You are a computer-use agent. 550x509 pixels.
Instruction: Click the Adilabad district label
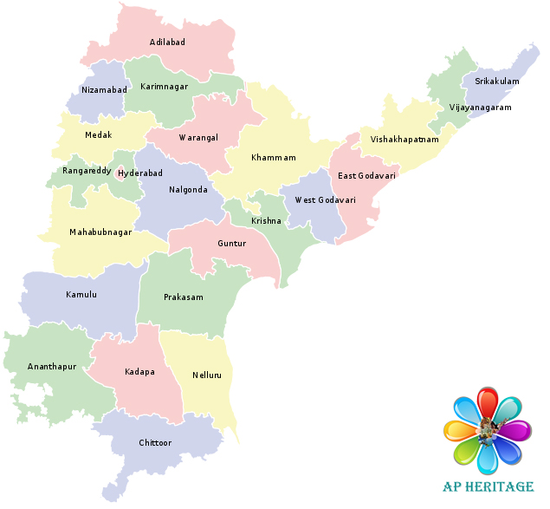(x=167, y=42)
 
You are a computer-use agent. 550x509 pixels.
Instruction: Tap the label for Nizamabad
(x=104, y=89)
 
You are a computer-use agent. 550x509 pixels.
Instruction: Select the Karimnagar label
(x=165, y=87)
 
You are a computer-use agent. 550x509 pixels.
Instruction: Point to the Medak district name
(x=99, y=136)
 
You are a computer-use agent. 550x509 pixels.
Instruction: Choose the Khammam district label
(x=274, y=158)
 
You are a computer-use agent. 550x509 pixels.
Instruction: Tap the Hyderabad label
(x=140, y=173)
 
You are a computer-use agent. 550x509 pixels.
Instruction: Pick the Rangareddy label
(x=87, y=171)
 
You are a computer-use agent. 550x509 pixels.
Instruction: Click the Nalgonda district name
(x=189, y=189)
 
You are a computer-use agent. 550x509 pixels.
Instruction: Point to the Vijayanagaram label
(x=481, y=108)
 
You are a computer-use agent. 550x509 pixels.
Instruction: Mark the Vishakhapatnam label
(x=404, y=139)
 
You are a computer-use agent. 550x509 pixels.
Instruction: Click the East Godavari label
(x=367, y=176)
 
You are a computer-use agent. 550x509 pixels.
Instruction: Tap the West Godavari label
(x=325, y=199)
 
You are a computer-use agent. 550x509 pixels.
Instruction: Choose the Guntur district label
(x=232, y=244)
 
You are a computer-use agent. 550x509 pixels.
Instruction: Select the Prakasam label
(x=184, y=297)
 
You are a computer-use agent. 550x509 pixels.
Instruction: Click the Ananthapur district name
(x=52, y=367)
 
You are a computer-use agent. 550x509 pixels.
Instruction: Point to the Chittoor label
(x=156, y=443)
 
